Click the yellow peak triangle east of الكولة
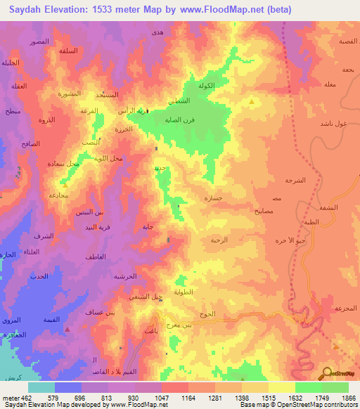[x=252, y=103]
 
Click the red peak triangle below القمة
[x=67, y=328]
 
